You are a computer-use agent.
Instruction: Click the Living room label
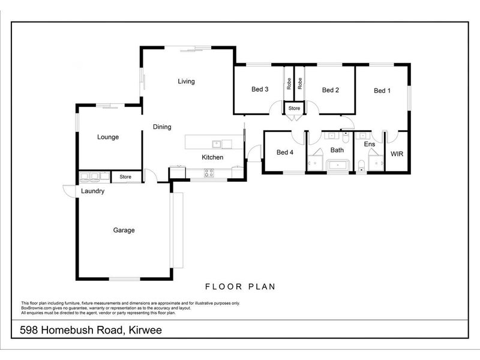186,82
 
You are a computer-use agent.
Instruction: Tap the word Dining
162,127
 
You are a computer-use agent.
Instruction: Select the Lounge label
108,137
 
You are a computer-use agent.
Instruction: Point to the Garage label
124,230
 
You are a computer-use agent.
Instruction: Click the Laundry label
93,191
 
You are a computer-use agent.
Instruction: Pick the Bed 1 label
382,91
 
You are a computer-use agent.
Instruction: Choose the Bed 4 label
285,152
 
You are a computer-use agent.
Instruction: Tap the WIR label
397,154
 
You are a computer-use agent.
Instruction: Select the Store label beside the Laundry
125,177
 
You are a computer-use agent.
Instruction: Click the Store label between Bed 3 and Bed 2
294,109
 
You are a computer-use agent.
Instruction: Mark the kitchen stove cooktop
209,173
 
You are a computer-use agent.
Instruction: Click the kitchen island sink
217,143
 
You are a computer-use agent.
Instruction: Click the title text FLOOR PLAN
240,287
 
